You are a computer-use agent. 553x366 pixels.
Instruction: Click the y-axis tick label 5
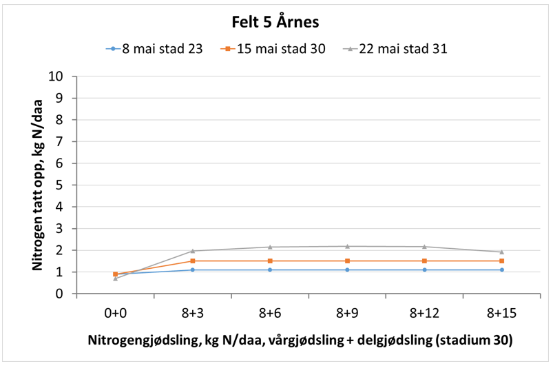[61, 185]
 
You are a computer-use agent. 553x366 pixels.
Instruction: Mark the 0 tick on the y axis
[61, 294]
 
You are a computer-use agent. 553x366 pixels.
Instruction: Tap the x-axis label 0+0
[115, 312]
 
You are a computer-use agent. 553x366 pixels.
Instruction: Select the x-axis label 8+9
[347, 312]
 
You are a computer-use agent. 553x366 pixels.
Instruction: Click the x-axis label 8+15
[501, 312]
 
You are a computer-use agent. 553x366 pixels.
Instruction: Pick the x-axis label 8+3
[192, 312]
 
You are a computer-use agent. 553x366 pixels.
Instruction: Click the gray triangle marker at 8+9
[347, 246]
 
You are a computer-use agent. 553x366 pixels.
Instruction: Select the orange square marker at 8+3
[192, 261]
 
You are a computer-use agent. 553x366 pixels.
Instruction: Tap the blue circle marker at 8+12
[424, 270]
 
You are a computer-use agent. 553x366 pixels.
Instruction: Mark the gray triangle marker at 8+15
[501, 252]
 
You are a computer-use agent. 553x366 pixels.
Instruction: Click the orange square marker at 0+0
[115, 274]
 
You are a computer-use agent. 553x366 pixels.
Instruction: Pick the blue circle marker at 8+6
[270, 270]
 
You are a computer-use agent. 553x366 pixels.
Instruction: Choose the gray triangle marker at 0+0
[115, 278]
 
